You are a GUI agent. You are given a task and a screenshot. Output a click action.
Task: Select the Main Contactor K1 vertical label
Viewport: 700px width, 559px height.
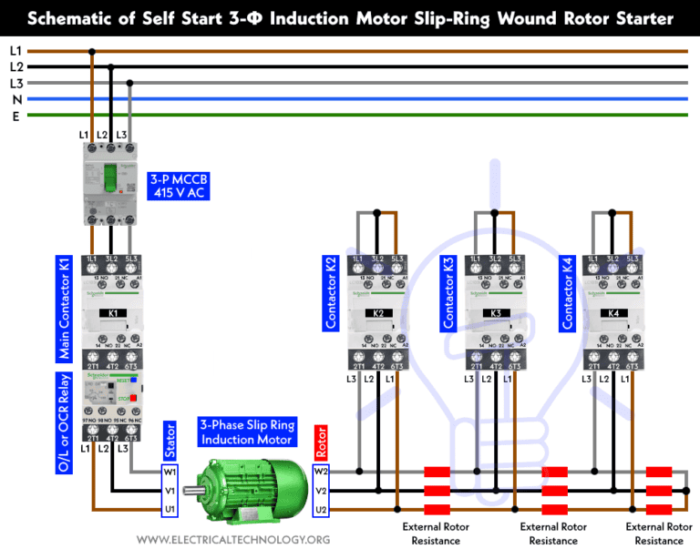pos(65,307)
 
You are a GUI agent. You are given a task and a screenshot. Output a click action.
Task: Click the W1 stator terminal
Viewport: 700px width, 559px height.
pos(169,472)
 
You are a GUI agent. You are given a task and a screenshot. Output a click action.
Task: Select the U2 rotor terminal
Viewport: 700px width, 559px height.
pos(320,509)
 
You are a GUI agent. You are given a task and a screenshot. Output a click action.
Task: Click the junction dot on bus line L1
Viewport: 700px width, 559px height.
pos(91,51)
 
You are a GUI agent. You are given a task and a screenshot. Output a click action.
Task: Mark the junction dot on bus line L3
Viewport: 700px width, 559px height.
pos(129,83)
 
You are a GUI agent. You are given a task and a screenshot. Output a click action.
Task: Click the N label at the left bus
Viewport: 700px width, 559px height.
pos(15,99)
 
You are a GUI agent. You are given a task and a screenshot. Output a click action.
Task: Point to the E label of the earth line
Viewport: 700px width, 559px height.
pos(15,116)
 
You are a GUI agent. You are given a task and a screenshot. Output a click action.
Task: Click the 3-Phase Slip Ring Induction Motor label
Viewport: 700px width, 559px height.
pos(246,432)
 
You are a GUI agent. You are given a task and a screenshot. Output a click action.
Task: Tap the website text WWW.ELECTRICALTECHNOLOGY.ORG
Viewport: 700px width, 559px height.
pos(233,541)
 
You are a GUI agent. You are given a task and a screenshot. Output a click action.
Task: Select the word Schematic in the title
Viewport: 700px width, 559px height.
pos(74,18)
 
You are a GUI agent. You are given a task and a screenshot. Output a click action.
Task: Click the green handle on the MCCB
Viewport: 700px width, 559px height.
pos(110,178)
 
